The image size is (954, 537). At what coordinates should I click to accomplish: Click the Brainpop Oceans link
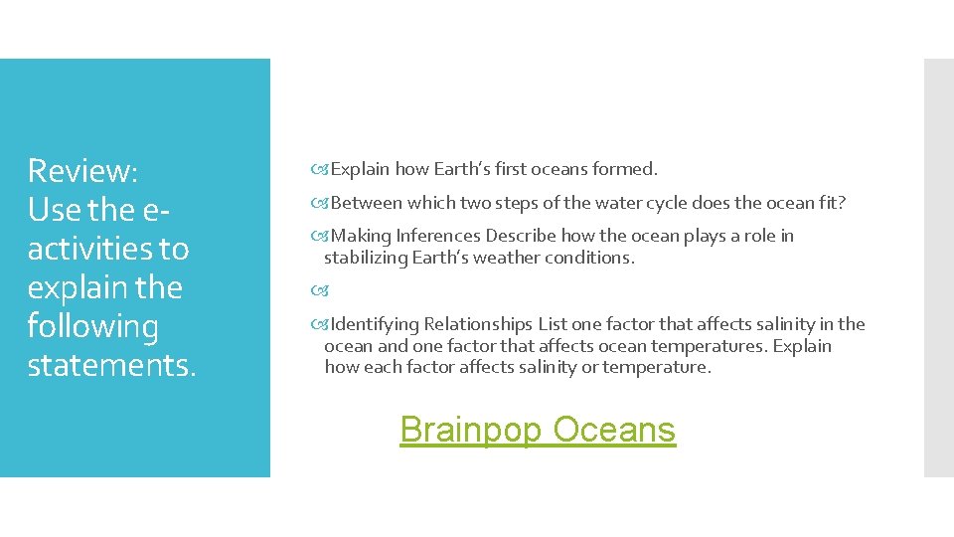pyautogui.click(x=538, y=430)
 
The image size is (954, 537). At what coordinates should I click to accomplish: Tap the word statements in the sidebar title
pyautogui.click(x=112, y=365)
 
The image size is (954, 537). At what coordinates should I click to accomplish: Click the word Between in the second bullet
pyautogui.click(x=367, y=203)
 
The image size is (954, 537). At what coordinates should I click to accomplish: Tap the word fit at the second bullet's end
pyautogui.click(x=831, y=203)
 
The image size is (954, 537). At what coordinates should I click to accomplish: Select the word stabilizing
pyautogui.click(x=364, y=258)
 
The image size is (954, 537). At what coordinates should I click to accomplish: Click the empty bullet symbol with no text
pyautogui.click(x=319, y=291)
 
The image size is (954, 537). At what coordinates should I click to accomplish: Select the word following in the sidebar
pyautogui.click(x=92, y=326)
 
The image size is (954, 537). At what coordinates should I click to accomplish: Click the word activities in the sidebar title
pyautogui.click(x=108, y=249)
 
